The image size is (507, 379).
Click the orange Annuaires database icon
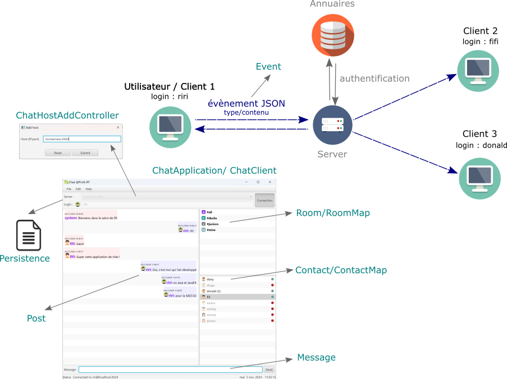[x=333, y=35]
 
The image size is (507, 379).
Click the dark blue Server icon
[x=333, y=124]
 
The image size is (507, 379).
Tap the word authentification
[x=374, y=78]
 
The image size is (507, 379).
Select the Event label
[x=268, y=67]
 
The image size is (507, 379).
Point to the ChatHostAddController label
[x=67, y=115]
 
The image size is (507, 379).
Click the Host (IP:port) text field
[x=82, y=139]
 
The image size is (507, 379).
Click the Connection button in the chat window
[x=264, y=200]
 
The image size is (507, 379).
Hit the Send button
[x=269, y=369]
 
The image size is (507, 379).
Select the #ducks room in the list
[x=212, y=218]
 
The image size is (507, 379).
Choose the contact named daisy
[x=211, y=279]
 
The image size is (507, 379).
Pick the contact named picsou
[x=211, y=321]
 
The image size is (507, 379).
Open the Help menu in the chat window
[x=89, y=189]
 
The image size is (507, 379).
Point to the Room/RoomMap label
[x=333, y=213]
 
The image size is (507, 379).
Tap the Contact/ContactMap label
[x=341, y=270]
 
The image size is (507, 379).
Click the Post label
[x=36, y=318]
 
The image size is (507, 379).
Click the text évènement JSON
[x=246, y=104]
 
